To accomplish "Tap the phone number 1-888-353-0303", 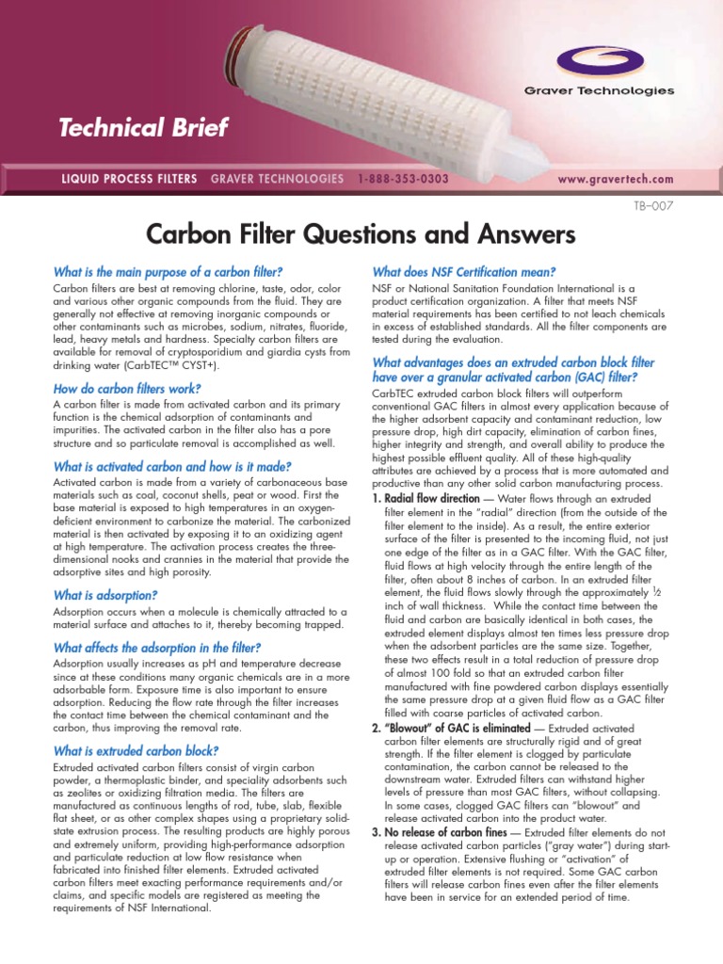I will (x=403, y=179).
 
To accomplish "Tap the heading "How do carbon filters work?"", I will (x=127, y=388).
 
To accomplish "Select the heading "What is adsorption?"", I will (x=105, y=595).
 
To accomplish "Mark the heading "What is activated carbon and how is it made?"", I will (x=172, y=466).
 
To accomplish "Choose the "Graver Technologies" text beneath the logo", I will (x=612, y=90).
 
